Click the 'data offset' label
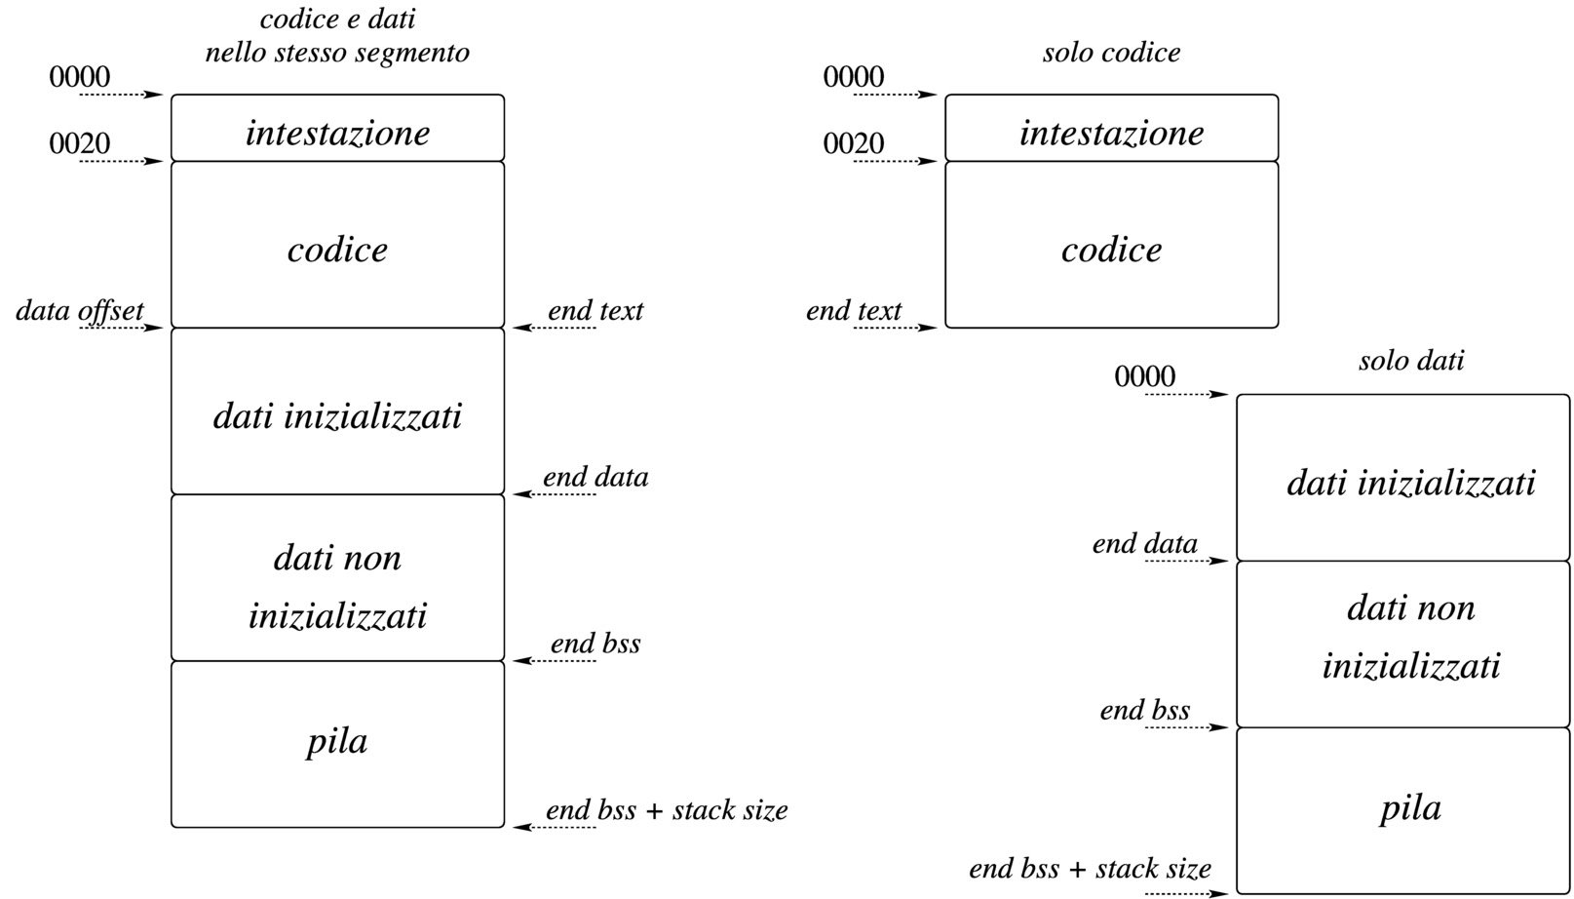80,311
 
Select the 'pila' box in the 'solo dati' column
1403,809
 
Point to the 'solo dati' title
1410,362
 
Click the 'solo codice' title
1111,53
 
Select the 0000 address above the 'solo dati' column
1144,376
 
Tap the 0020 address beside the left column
80,144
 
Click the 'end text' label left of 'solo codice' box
854,311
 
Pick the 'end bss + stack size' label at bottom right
1090,869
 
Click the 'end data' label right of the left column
595,478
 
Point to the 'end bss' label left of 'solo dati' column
1144,711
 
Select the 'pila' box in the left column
337,744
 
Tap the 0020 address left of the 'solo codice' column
854,144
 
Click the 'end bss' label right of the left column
595,645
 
